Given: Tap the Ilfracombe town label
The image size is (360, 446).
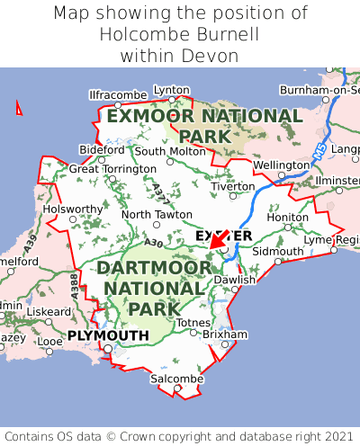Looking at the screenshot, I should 117,94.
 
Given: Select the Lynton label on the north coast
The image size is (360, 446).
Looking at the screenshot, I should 172,90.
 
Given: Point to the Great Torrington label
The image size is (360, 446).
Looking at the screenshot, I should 112,168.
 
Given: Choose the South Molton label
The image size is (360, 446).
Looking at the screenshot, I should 170,151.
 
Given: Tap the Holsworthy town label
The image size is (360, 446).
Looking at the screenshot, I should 74,209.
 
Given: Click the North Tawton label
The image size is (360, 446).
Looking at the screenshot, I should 157,215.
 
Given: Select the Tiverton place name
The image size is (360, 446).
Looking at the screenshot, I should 236,186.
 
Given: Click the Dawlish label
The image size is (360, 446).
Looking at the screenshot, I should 235,280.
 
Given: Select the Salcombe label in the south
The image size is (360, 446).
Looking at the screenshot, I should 176,379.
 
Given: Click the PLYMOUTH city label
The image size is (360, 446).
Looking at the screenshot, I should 108,335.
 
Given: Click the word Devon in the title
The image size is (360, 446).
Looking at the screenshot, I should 207,56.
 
